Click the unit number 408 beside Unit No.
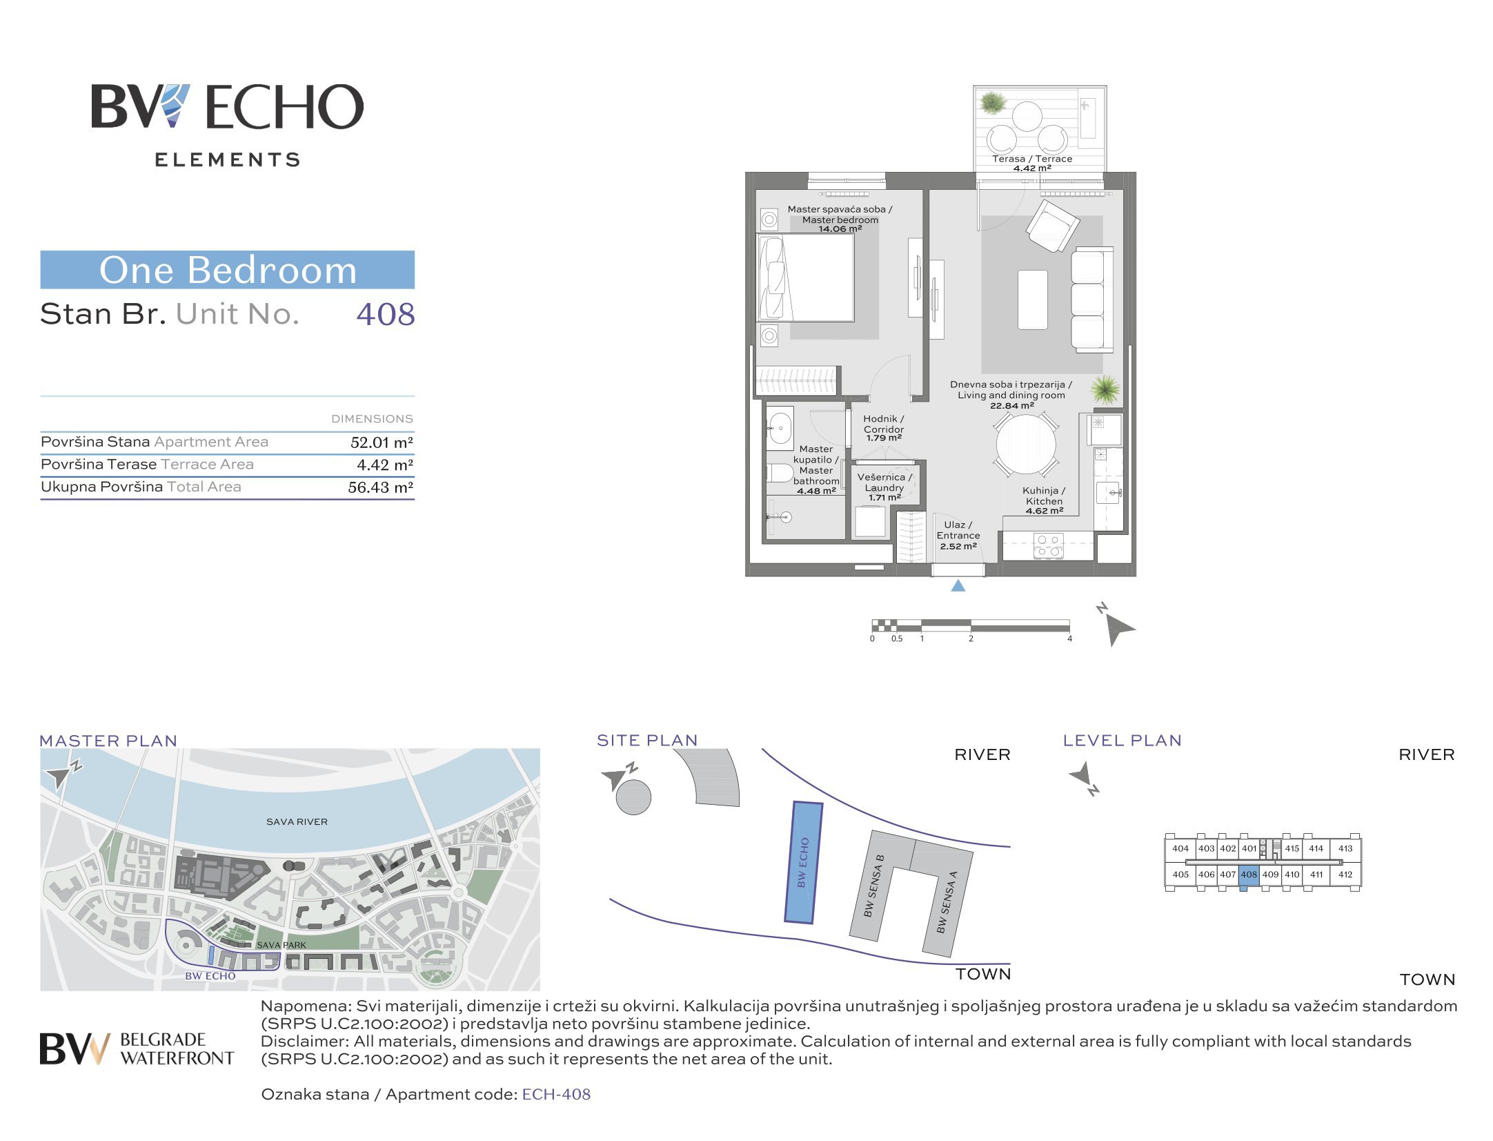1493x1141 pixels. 386,315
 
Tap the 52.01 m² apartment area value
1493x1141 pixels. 382,442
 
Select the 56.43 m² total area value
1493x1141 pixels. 381,487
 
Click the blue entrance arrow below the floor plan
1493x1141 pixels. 958,585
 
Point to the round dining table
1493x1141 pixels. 1026,445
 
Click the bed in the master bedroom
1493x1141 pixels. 806,277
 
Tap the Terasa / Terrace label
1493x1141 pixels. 1032,159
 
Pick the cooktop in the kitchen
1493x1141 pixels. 1048,546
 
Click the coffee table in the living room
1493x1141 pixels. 1033,300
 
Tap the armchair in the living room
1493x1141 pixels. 1052,226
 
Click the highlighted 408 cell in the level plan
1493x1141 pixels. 1249,875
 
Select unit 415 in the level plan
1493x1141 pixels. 1292,848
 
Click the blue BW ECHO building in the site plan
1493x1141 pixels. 804,863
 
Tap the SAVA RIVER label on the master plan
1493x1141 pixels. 297,822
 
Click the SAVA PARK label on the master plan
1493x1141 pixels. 281,945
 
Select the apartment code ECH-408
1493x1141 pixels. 556,1095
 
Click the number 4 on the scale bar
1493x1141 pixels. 1069,639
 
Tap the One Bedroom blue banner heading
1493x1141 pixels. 228,270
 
